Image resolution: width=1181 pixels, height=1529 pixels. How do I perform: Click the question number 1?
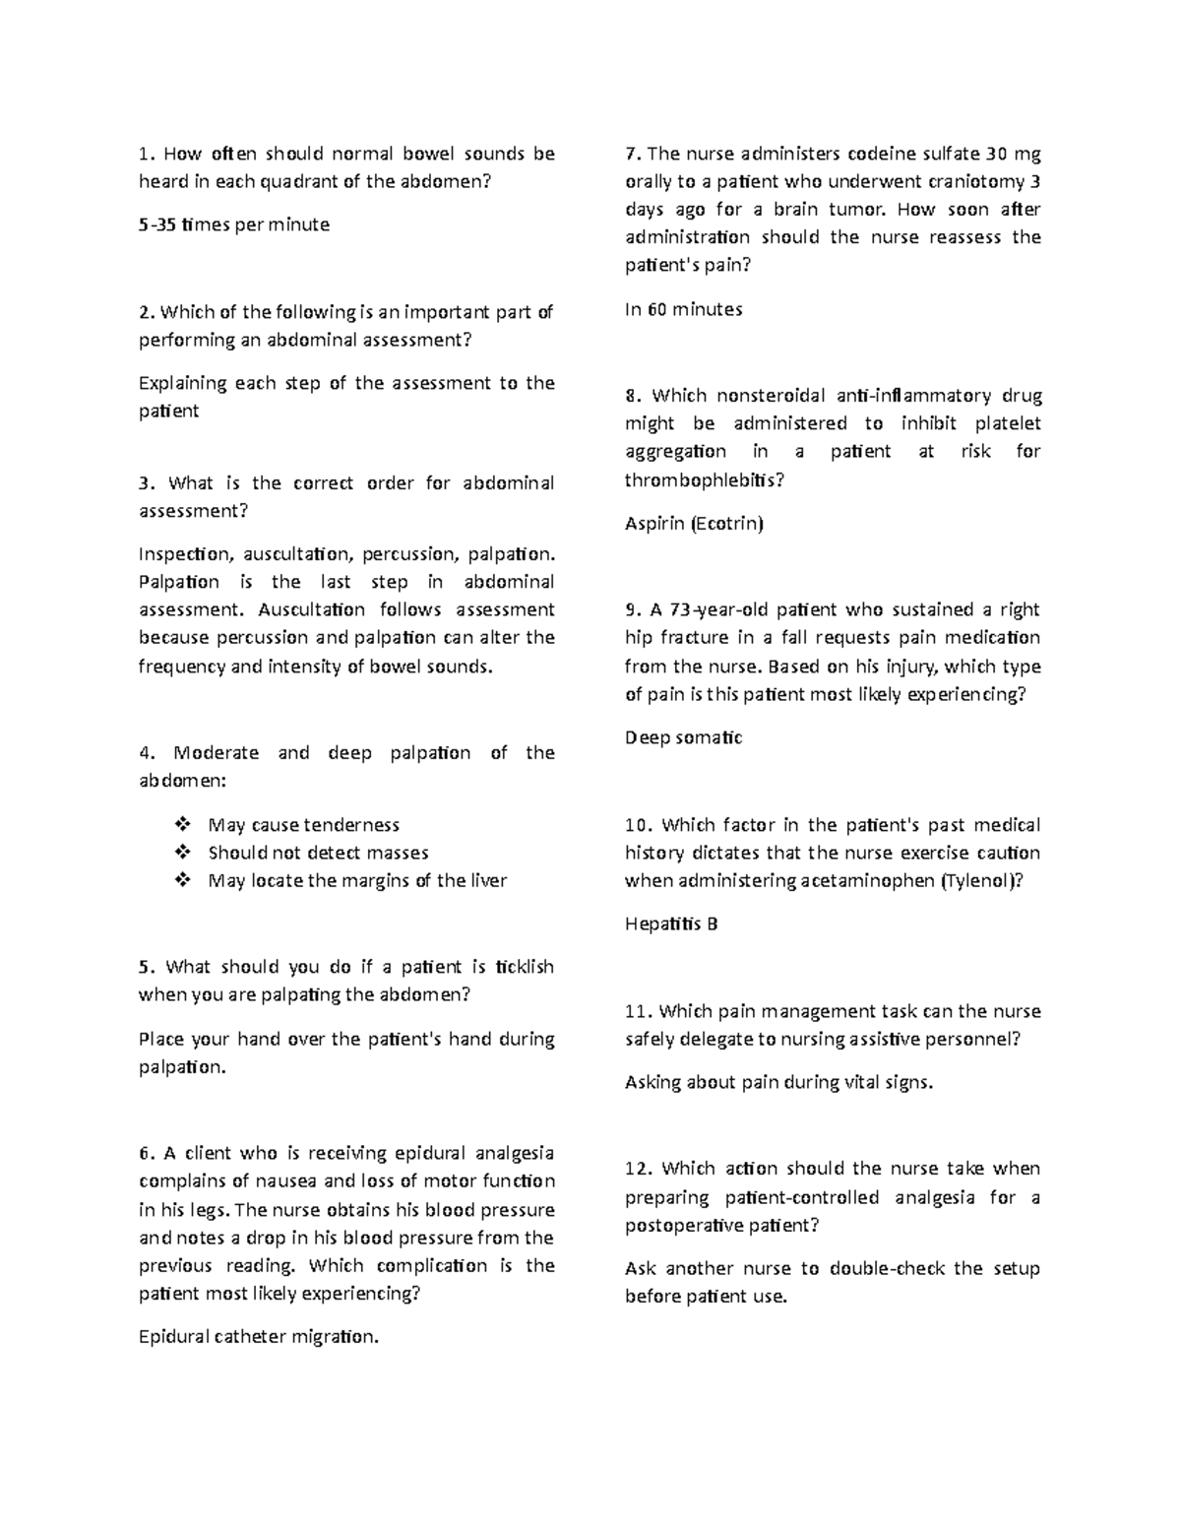(146, 154)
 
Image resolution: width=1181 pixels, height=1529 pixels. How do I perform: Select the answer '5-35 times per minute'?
(234, 224)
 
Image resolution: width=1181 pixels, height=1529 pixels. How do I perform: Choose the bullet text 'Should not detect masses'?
(318, 853)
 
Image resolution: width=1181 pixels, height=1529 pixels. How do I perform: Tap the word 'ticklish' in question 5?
(525, 967)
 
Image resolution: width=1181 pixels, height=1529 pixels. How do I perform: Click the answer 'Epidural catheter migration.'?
(258, 1337)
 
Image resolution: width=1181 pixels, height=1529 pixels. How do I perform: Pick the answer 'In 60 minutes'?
(683, 309)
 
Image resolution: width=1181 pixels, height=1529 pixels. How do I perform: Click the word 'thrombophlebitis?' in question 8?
(705, 479)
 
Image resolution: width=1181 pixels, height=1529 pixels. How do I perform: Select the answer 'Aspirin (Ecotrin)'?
(694, 524)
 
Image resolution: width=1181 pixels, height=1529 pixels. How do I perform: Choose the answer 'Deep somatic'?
(683, 737)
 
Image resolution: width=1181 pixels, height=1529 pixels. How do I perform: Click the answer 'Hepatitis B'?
(671, 924)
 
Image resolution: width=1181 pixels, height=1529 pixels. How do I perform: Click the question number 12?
(640, 1170)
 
